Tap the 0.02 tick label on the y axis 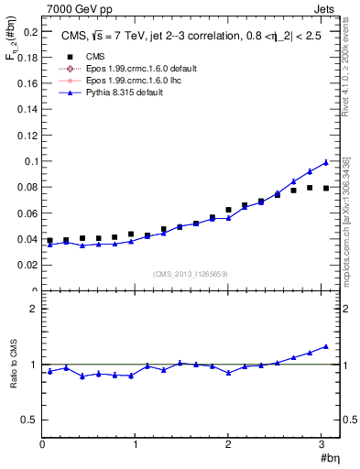[28, 265]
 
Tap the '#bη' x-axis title [327, 458]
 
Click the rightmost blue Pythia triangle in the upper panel [325, 162]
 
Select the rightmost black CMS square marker [325, 188]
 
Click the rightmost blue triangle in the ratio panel [325, 346]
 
